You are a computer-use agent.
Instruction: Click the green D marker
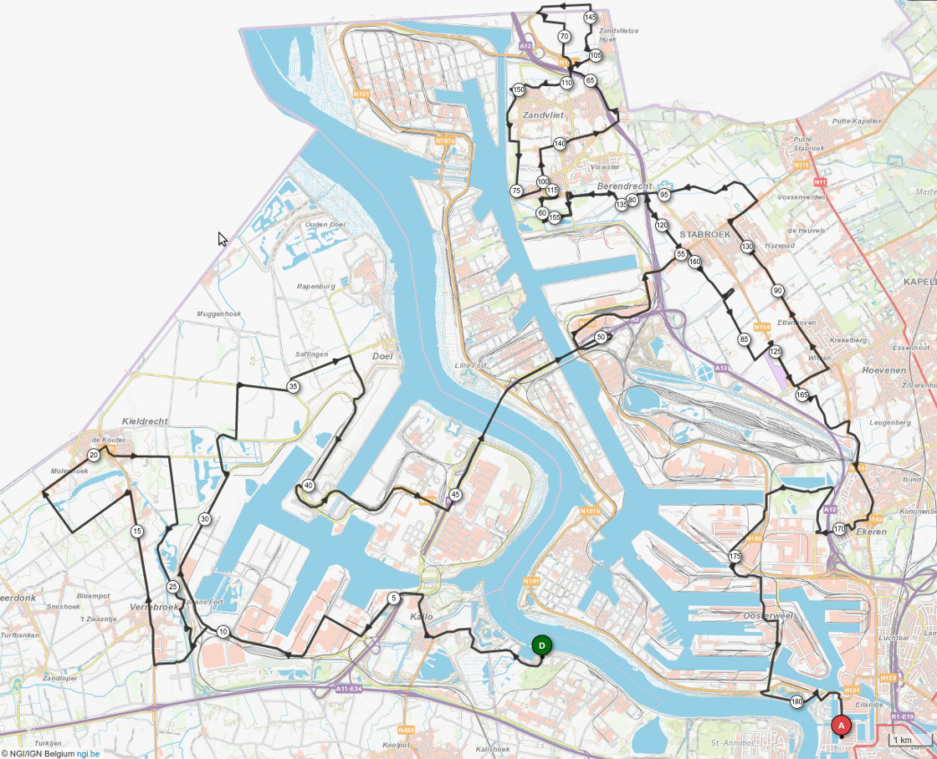pyautogui.click(x=542, y=645)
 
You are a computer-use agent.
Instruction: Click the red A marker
pyautogui.click(x=841, y=726)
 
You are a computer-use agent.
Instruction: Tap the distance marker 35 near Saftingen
pyautogui.click(x=293, y=386)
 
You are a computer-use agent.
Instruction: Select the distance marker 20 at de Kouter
pyautogui.click(x=94, y=455)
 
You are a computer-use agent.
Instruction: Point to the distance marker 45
pyautogui.click(x=455, y=495)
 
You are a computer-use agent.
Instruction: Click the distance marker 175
pyautogui.click(x=735, y=557)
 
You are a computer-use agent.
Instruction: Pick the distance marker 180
pyautogui.click(x=796, y=701)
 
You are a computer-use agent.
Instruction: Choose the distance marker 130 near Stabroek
pyautogui.click(x=747, y=247)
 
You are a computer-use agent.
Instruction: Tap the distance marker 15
pyautogui.click(x=137, y=531)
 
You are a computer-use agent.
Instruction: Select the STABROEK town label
pyautogui.click(x=705, y=236)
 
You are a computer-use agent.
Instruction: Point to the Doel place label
pyautogui.click(x=382, y=356)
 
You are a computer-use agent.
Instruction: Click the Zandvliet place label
pyautogui.click(x=543, y=115)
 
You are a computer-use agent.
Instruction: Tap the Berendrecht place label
pyautogui.click(x=624, y=186)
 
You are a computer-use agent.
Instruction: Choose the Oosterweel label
pyautogui.click(x=767, y=615)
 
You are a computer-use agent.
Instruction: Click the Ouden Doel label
pyautogui.click(x=325, y=224)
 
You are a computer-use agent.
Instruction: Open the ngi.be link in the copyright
pyautogui.click(x=88, y=753)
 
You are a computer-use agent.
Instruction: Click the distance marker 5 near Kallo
pyautogui.click(x=393, y=598)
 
